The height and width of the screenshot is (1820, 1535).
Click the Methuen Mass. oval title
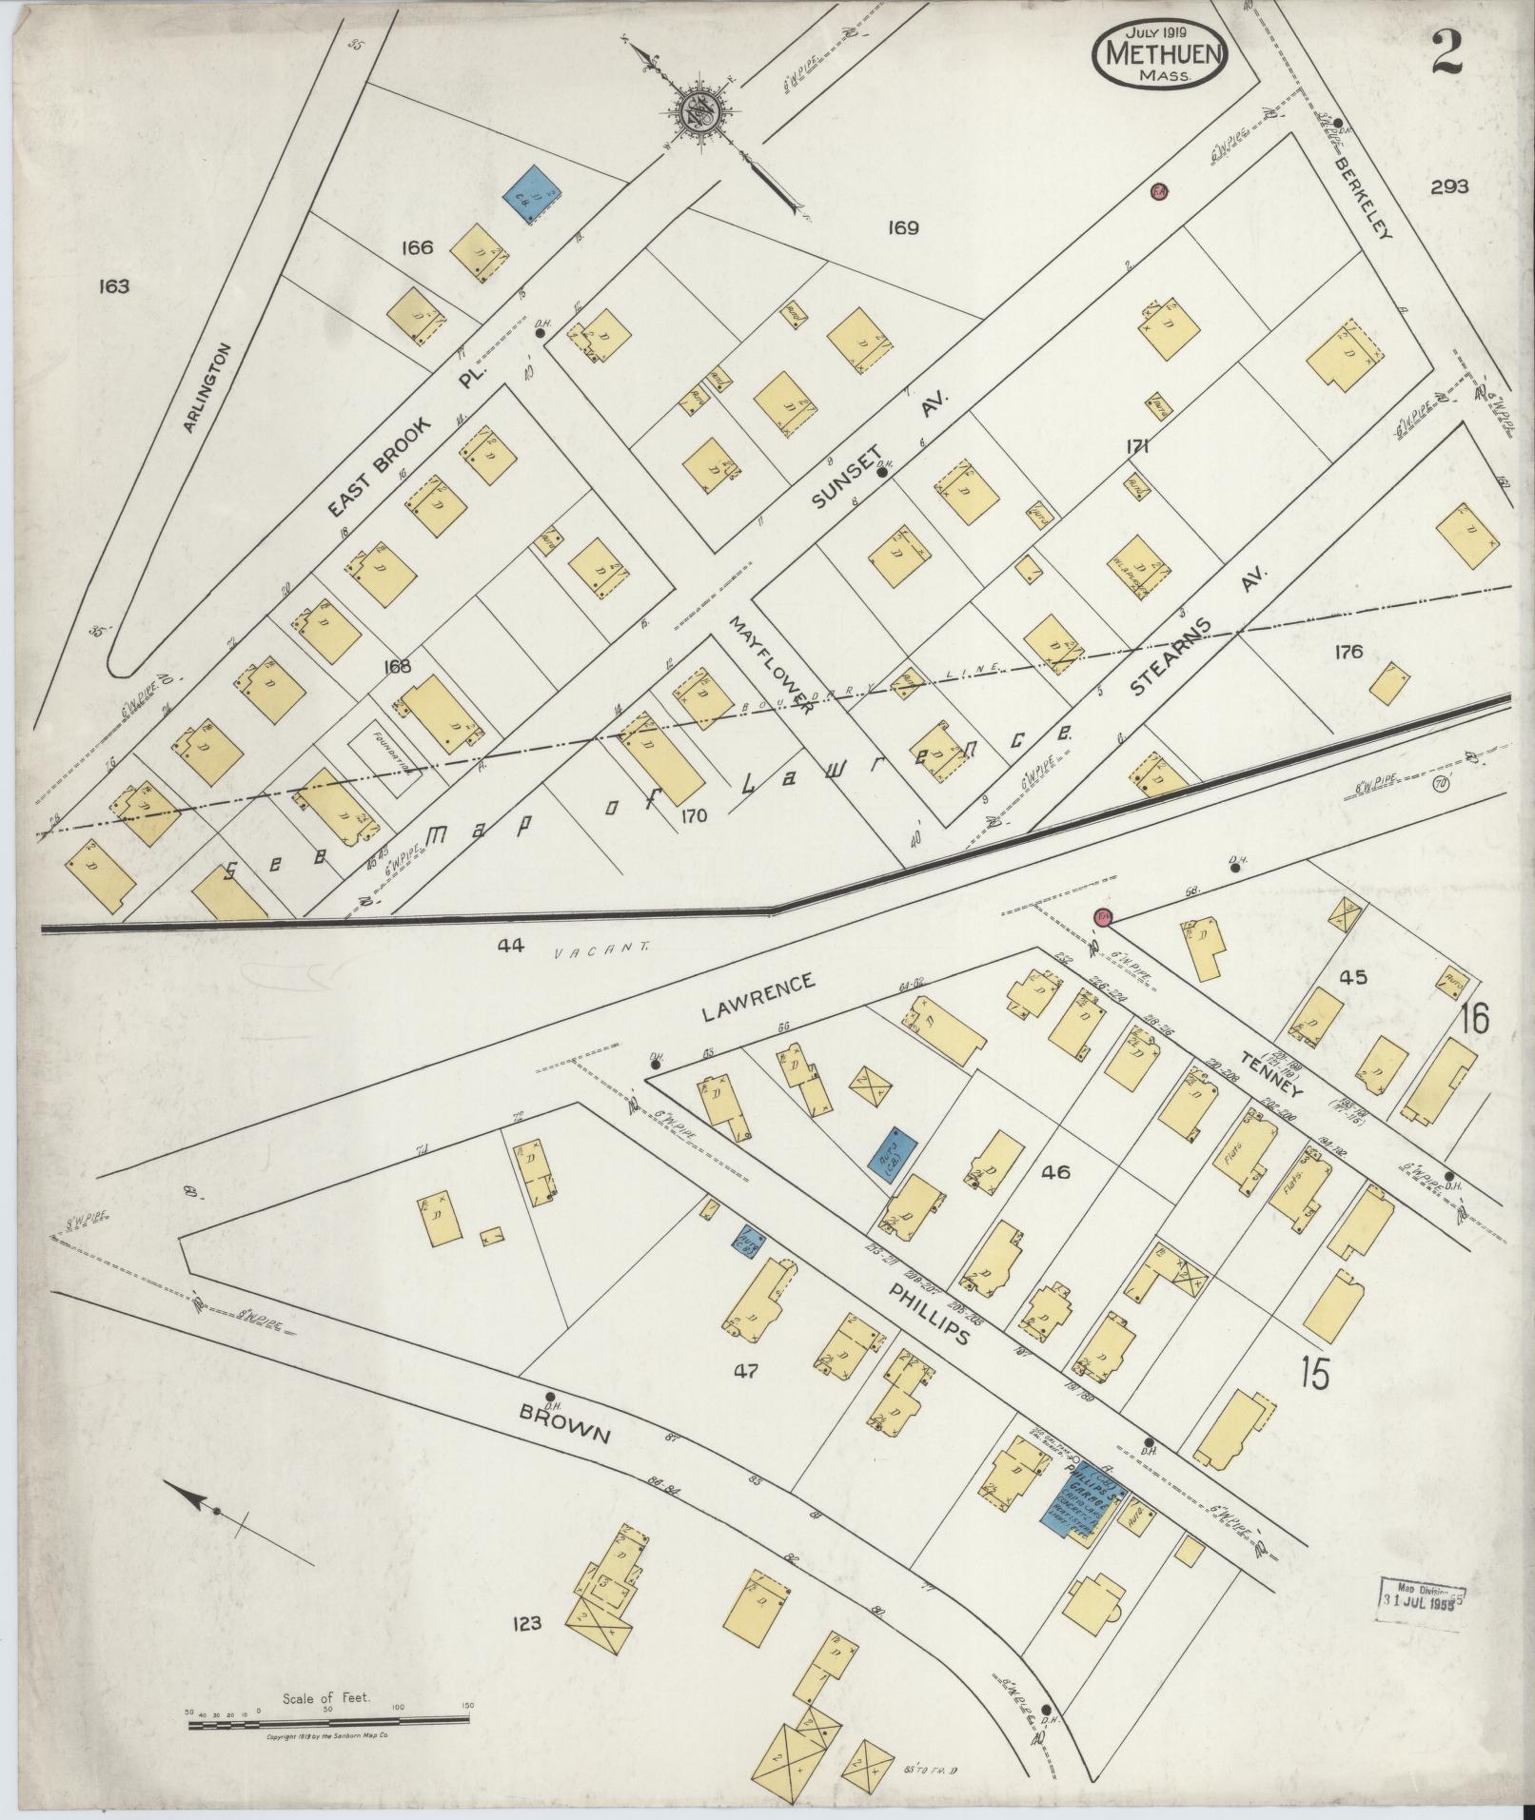tap(1161, 54)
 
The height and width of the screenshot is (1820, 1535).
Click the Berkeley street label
tap(1361, 197)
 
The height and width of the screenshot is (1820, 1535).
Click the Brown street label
tap(564, 1430)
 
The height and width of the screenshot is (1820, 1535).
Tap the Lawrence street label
tap(758, 996)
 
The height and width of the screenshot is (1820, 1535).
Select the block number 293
tap(1448, 186)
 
